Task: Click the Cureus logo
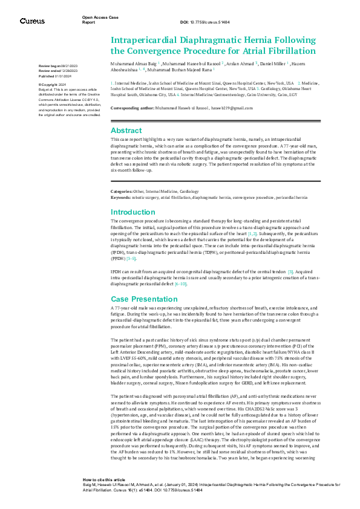point(32,21)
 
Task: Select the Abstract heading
point(126,131)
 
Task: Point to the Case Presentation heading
point(143,299)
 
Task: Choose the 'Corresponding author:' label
point(133,107)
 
